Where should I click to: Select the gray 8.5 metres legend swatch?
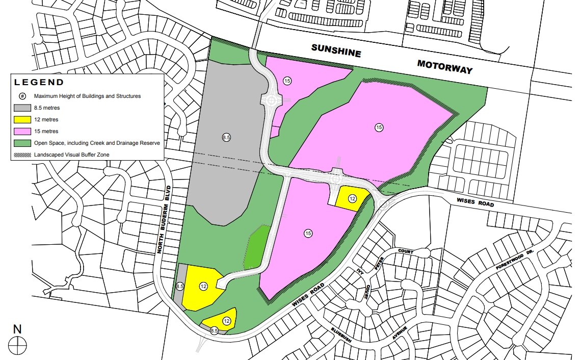(x=22, y=108)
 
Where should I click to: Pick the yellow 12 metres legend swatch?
(x=22, y=120)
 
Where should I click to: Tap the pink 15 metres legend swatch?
(x=22, y=132)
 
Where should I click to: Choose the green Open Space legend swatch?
(x=22, y=143)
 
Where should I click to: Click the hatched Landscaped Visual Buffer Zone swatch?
(x=22, y=155)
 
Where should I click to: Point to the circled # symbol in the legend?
(x=22, y=96)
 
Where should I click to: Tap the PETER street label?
(x=379, y=264)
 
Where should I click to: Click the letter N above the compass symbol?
(x=18, y=329)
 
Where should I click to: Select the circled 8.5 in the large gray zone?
(x=227, y=137)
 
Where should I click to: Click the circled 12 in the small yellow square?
(x=352, y=198)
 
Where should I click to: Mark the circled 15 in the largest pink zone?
(x=379, y=127)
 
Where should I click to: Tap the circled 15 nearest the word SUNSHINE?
(x=287, y=81)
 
